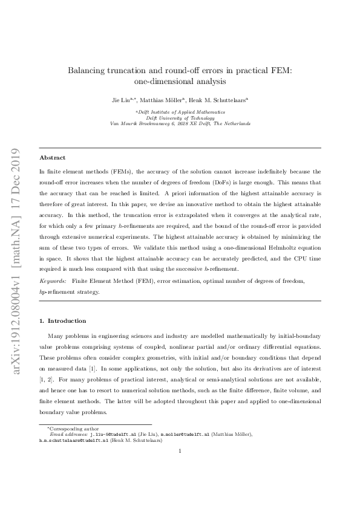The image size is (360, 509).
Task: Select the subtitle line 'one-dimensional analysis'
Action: tap(179, 82)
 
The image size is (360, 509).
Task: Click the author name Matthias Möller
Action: tap(164, 100)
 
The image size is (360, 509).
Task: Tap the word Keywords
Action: tap(53, 281)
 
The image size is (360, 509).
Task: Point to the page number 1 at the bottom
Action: tap(180, 466)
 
